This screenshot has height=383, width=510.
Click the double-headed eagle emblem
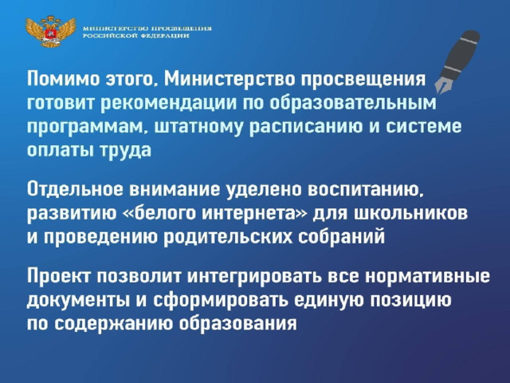51,31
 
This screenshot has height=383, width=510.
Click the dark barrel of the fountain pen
461,54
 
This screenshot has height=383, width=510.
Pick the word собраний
341,238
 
